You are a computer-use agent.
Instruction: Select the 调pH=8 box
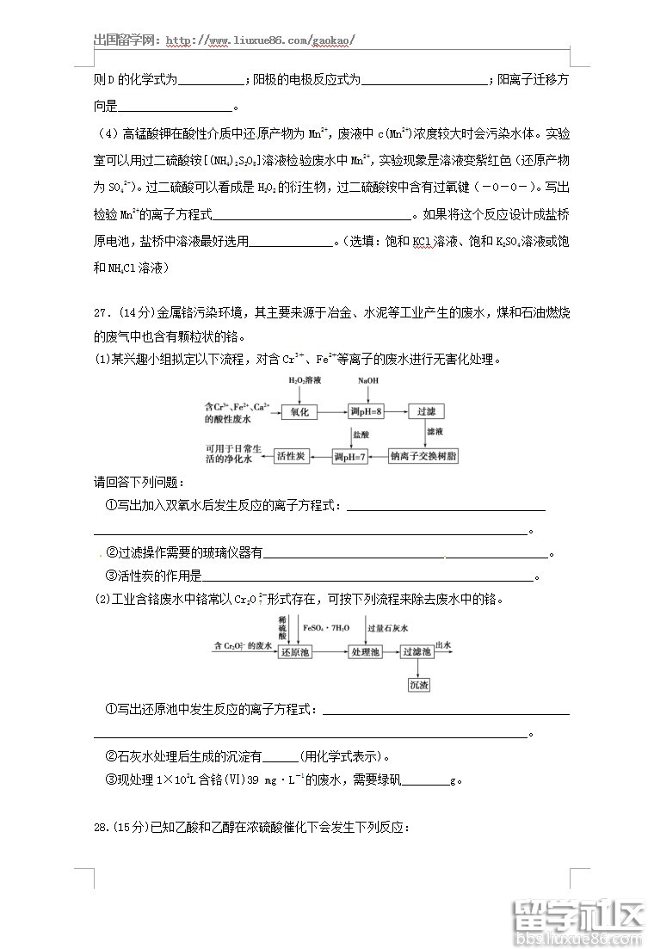367,412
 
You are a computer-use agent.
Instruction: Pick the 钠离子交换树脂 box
423,456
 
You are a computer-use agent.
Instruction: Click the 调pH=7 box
350,456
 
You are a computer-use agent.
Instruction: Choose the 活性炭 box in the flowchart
291,456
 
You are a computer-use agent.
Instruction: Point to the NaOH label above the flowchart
367,380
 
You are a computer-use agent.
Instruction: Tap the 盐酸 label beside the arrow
360,435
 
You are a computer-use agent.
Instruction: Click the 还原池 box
294,653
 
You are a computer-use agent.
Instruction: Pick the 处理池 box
364,653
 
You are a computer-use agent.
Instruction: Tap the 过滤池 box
417,653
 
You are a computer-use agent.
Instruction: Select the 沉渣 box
418,685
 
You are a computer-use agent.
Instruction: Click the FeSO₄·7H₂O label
325,629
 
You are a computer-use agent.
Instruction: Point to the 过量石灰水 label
388,629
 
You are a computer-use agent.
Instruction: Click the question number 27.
102,312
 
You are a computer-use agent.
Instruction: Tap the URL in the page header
259,40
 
